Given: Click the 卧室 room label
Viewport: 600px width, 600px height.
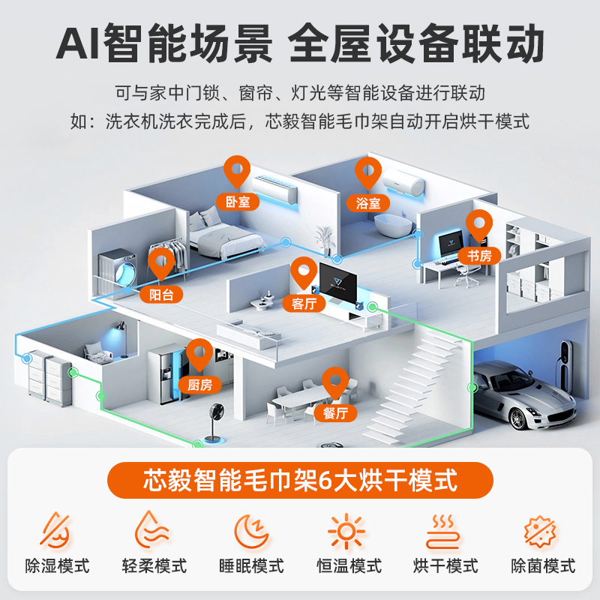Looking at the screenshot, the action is pyautogui.click(x=238, y=202).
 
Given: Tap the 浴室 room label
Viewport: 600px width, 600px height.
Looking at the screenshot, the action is pyautogui.click(x=368, y=202).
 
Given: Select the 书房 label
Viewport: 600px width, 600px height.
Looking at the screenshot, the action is pyautogui.click(x=479, y=255).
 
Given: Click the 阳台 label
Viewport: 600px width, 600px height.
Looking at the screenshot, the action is pyautogui.click(x=161, y=295).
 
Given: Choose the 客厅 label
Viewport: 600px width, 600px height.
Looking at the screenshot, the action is pyautogui.click(x=304, y=304).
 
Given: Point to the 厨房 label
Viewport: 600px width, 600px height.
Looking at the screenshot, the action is pyautogui.click(x=199, y=385).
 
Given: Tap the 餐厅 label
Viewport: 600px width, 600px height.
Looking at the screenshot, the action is pyautogui.click(x=335, y=413).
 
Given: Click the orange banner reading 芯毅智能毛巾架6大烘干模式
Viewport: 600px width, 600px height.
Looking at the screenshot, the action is pyautogui.click(x=300, y=480).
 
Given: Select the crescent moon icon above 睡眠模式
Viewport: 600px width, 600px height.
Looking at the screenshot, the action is pyautogui.click(x=251, y=531).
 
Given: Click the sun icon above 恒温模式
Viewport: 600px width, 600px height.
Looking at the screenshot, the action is pyautogui.click(x=346, y=531).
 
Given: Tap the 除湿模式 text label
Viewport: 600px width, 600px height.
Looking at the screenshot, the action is pyautogui.click(x=58, y=566).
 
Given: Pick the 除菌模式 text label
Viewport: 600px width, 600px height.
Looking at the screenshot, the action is pyautogui.click(x=543, y=566).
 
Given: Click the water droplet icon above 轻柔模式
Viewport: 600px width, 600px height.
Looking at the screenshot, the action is pyautogui.click(x=151, y=530).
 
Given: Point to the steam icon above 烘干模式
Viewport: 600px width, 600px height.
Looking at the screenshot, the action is pyautogui.click(x=443, y=531).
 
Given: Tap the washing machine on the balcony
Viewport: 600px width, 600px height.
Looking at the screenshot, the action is pyautogui.click(x=118, y=269).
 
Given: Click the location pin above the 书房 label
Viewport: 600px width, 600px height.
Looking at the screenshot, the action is pyautogui.click(x=479, y=225).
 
